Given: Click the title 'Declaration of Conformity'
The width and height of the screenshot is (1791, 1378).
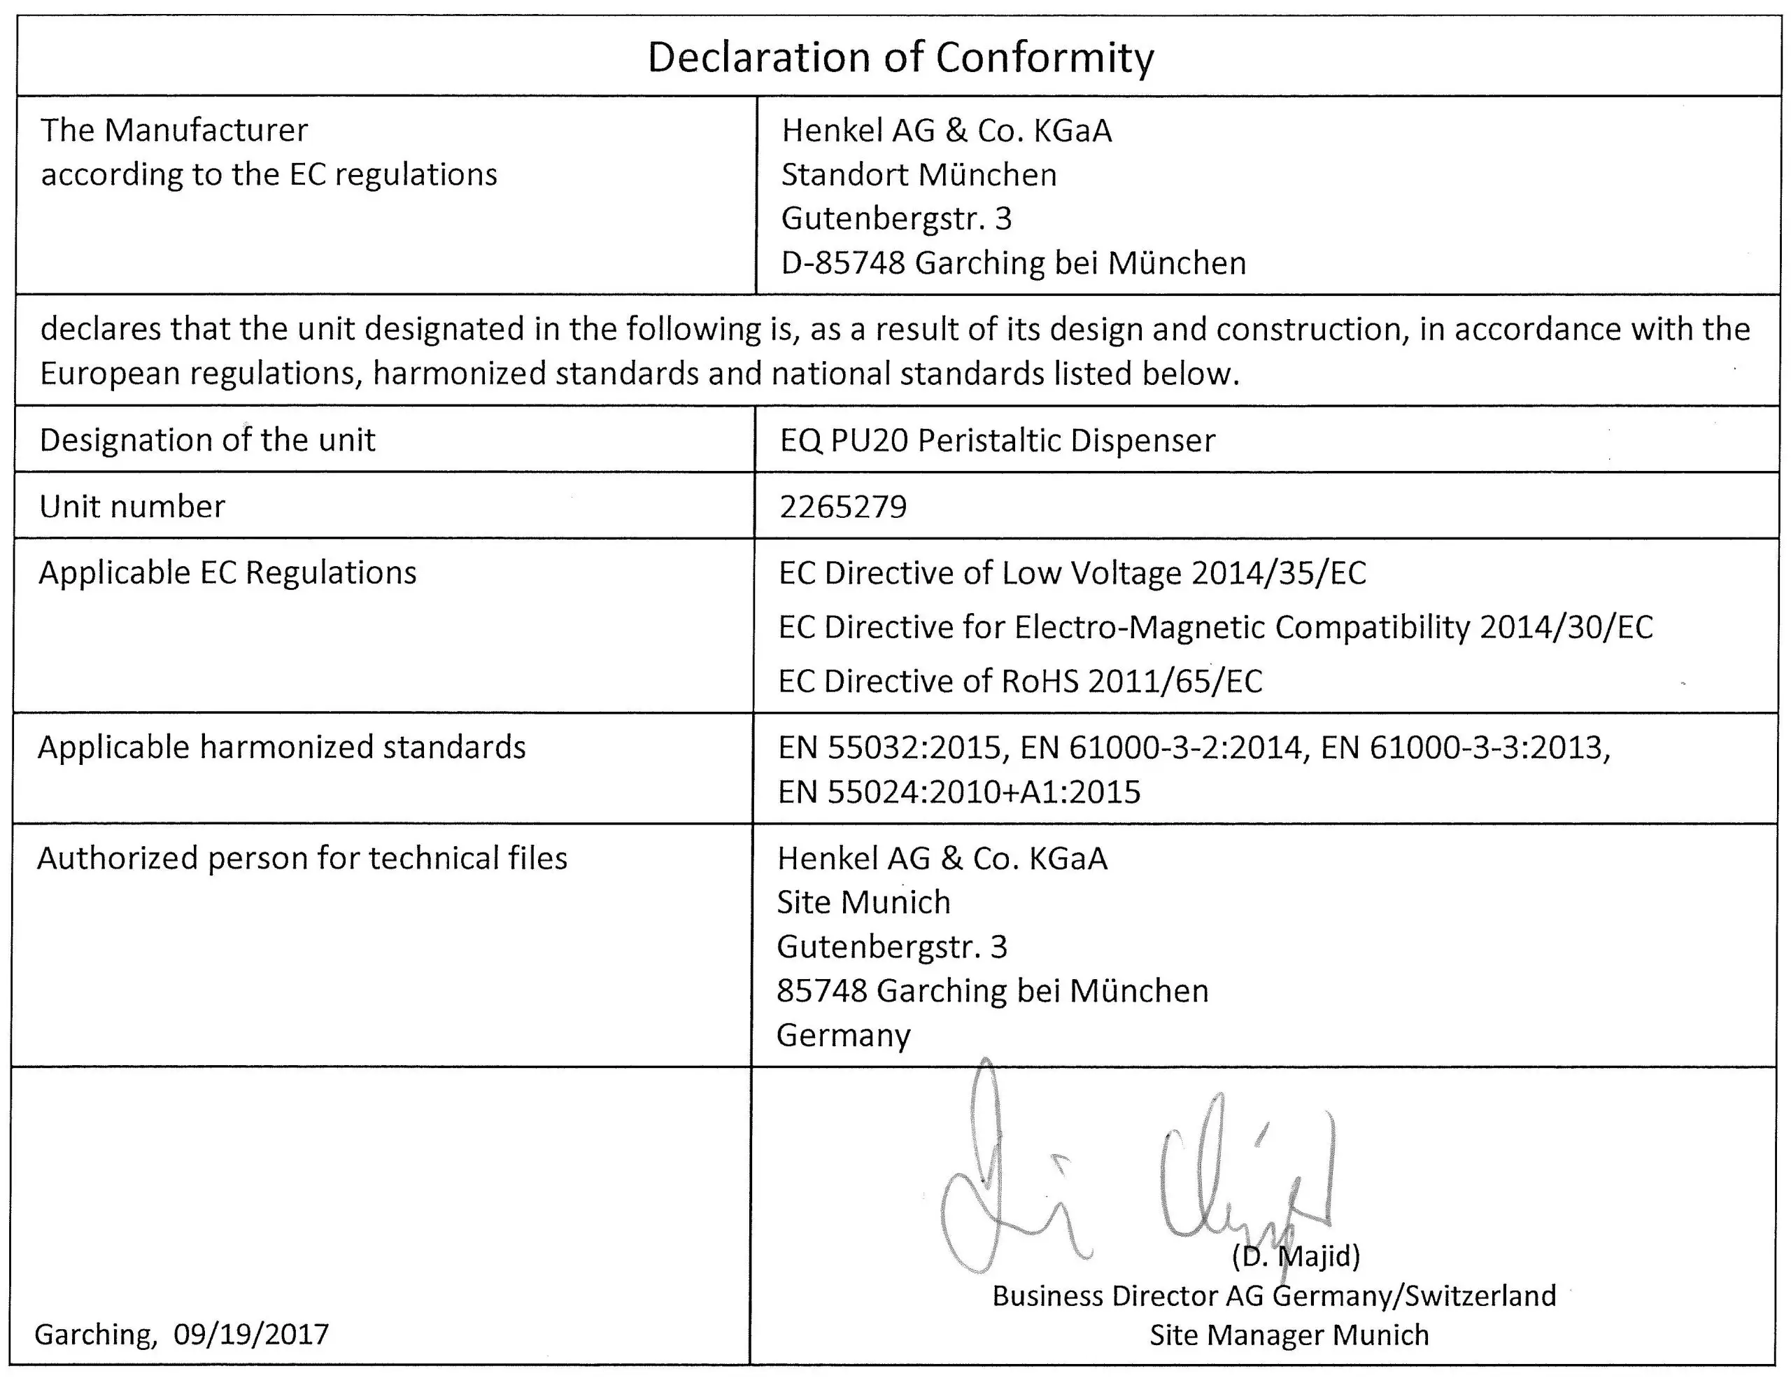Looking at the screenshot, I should coord(900,57).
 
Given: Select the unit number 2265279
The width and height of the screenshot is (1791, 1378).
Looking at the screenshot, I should coord(843,507).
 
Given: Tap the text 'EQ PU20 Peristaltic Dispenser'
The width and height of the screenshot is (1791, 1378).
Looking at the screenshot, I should coord(997,440).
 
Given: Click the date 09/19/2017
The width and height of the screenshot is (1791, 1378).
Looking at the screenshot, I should coord(251,1334).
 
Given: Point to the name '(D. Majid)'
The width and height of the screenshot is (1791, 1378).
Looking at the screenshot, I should coord(1296,1255).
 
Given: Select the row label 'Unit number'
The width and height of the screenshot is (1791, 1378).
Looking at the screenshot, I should coord(132,507).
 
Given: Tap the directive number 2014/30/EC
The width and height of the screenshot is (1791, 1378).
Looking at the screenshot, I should coord(1566,626).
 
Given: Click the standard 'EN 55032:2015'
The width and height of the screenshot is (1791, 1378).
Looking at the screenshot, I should coord(890,747).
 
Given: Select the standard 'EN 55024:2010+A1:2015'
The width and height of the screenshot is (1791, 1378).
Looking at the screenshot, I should coord(958,792).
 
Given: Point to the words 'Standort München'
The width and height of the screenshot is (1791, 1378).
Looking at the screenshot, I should coord(919,175).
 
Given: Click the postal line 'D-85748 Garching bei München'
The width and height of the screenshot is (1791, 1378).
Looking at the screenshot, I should coord(1013,263).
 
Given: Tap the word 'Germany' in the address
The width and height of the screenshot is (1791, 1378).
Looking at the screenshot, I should coord(843,1035).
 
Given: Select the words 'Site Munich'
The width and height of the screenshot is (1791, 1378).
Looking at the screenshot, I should coord(863,902).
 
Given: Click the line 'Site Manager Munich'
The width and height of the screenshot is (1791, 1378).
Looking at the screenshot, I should coord(1288,1335).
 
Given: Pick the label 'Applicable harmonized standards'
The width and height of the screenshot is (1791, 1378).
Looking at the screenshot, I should coord(281,747).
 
